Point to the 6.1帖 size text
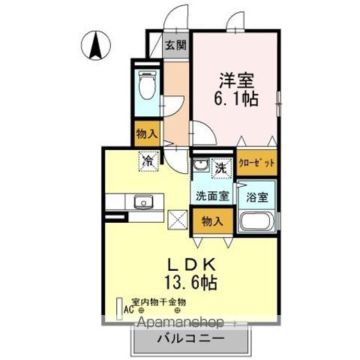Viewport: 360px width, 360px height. click(x=239, y=99)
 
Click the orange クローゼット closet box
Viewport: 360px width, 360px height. click(x=256, y=163)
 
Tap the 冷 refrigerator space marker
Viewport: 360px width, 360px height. click(x=148, y=160)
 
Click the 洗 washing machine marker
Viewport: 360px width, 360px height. click(x=223, y=167)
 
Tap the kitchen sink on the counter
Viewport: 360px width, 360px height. click(x=142, y=201)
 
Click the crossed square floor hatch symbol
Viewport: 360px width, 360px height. click(x=178, y=220)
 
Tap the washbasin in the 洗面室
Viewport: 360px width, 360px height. click(x=200, y=166)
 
